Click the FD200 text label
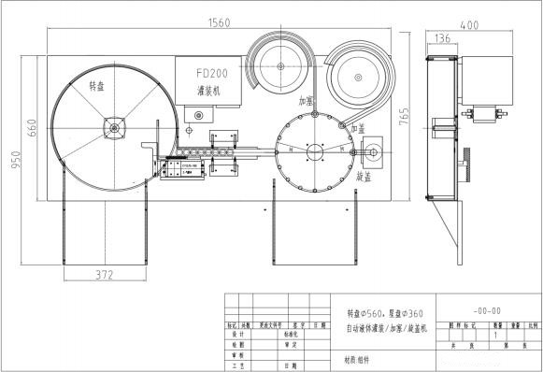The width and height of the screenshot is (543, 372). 210,72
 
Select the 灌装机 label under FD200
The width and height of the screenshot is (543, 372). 209,91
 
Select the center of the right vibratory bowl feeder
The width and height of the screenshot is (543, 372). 362,72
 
